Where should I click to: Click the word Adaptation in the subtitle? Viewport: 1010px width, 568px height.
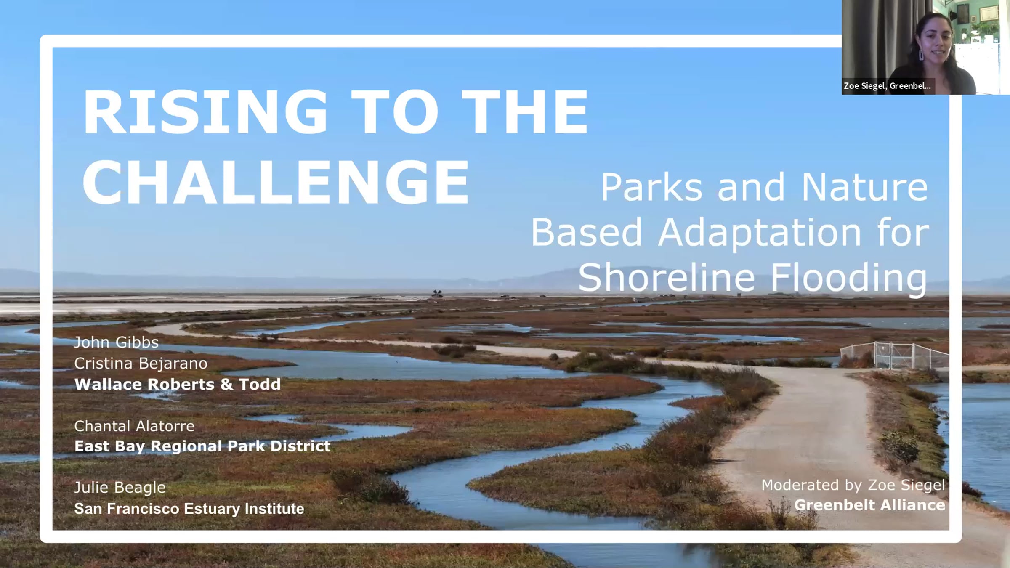coord(760,234)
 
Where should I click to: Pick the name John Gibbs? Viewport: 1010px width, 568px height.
coord(117,342)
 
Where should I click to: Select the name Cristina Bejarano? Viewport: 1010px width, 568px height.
coord(141,364)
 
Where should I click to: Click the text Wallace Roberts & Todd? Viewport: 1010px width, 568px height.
coord(178,384)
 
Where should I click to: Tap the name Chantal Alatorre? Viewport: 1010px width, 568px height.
coord(134,426)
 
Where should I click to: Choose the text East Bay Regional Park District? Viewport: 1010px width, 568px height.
coord(202,446)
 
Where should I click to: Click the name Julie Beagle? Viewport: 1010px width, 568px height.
coord(120,488)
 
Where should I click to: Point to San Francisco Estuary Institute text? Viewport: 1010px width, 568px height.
coord(189,509)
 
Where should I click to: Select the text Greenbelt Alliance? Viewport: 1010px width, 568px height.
coord(869,505)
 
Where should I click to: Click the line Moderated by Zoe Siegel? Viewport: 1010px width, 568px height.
coord(853,486)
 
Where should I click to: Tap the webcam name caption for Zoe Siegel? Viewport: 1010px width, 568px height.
coord(887,86)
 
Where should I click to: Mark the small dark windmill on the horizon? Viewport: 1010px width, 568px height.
coord(437,293)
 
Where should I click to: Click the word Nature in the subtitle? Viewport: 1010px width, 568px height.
coord(864,187)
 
